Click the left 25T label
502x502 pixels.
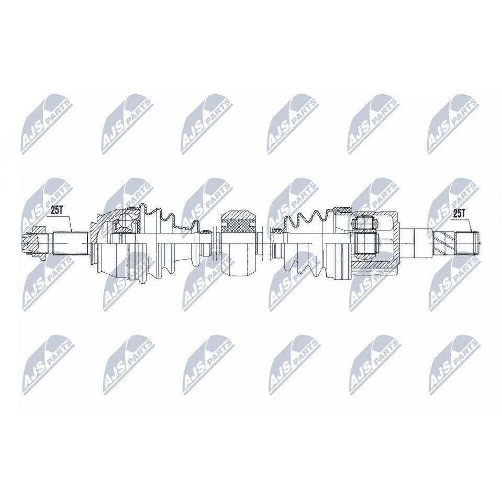tap(57, 210)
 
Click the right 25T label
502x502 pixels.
tap(458, 214)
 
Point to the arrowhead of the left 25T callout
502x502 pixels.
tap(71, 231)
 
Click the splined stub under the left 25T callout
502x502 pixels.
tap(70, 243)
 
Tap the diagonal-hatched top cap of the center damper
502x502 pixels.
tap(239, 215)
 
